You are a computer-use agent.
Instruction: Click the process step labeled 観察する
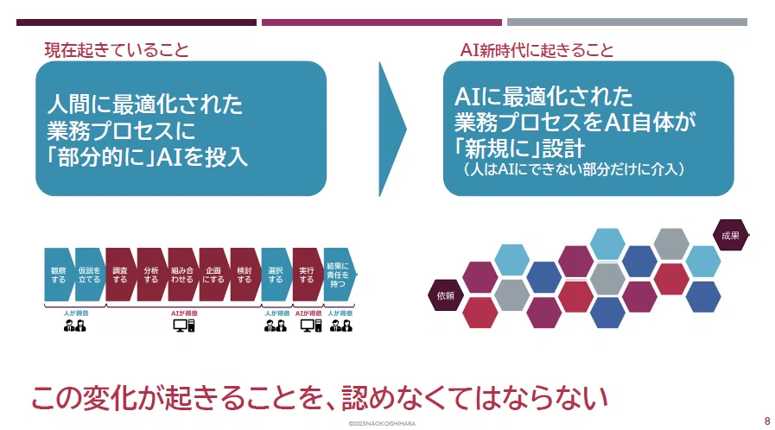click(x=59, y=275)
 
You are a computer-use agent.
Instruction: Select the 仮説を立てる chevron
click(x=90, y=275)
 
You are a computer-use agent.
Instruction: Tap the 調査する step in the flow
click(x=120, y=275)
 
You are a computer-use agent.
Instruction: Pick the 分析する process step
click(x=151, y=275)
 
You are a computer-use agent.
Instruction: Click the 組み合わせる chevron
click(x=182, y=275)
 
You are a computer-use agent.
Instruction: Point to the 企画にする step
click(x=213, y=275)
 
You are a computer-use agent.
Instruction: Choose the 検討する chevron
click(x=245, y=275)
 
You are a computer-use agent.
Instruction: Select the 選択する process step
click(x=276, y=275)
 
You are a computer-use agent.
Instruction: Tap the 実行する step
click(x=307, y=275)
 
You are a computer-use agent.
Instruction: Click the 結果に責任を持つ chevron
click(x=339, y=275)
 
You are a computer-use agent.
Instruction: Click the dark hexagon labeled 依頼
click(x=446, y=295)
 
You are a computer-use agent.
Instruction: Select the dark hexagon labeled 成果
click(x=731, y=235)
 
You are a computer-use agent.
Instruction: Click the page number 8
click(x=767, y=421)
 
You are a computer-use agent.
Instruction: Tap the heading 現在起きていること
click(x=117, y=50)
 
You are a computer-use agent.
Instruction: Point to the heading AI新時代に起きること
click(x=537, y=50)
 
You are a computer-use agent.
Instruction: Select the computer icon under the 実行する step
click(x=311, y=326)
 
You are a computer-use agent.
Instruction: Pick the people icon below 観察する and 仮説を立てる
click(x=75, y=326)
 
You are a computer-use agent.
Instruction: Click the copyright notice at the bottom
click(x=382, y=424)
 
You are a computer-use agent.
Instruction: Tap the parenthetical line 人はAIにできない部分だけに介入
click(x=575, y=169)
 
